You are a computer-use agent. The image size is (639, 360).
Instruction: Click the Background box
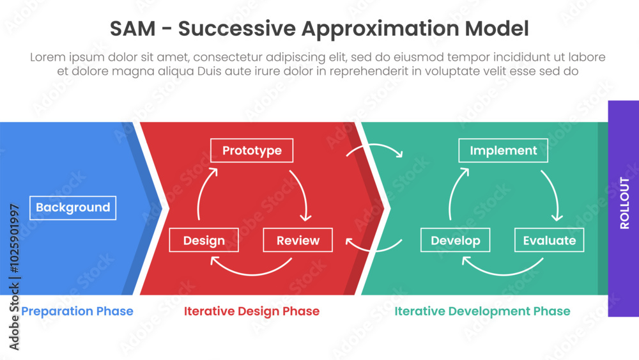73,208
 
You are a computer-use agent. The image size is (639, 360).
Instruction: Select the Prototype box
252,151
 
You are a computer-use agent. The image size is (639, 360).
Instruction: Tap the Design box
204,240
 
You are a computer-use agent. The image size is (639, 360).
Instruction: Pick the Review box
298,240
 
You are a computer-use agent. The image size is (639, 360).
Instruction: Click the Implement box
503,151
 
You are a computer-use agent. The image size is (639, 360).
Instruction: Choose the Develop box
455,240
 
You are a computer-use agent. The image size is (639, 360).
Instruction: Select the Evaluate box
549,240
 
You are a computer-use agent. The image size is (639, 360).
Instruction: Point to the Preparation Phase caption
77,311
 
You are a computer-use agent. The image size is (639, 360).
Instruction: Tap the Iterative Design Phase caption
252,311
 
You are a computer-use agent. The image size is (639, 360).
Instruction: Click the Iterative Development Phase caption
482,311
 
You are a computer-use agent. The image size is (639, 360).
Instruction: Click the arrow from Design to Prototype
203,192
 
